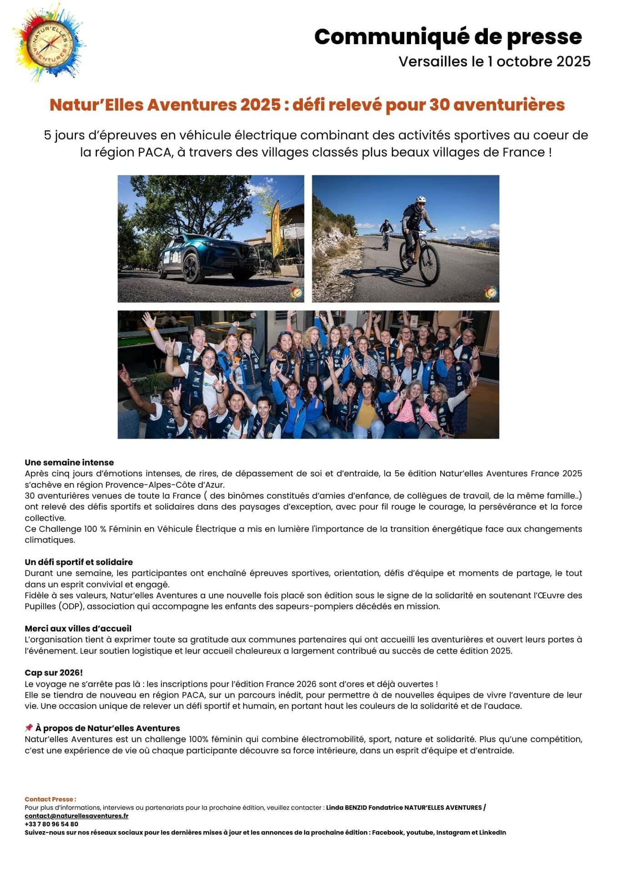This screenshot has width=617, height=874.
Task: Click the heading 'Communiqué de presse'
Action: point(448,37)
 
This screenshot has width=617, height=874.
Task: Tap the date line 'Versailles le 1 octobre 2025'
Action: point(494,61)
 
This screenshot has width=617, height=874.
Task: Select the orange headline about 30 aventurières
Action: point(307,105)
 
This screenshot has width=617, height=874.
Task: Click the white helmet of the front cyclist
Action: point(421,200)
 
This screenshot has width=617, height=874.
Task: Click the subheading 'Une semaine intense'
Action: point(69,462)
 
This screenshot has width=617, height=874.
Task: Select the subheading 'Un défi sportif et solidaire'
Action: point(79,562)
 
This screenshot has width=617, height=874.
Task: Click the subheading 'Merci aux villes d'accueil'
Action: point(78,629)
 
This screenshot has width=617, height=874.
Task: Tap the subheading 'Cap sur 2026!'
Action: point(54,673)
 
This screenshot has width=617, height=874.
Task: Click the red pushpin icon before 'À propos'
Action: point(29,728)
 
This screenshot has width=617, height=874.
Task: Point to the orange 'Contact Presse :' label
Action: point(50,799)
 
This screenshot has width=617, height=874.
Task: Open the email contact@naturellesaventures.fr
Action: point(76,816)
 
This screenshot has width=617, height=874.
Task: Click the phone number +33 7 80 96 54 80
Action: point(51,824)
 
